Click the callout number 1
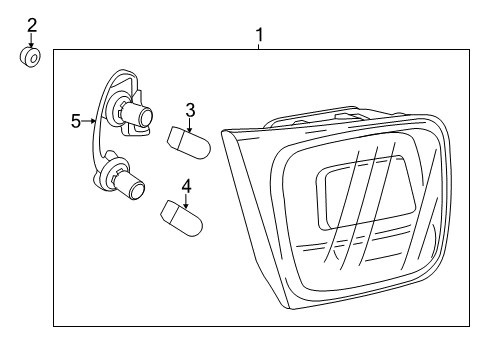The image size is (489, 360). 259,35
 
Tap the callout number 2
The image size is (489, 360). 31,24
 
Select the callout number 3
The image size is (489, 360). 189,109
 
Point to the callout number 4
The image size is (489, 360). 185,186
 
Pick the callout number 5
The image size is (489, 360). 76,121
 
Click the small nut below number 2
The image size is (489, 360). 31,58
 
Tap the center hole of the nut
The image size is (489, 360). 32,58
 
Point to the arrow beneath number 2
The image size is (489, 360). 31,40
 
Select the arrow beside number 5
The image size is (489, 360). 91,121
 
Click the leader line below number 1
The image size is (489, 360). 259,47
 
